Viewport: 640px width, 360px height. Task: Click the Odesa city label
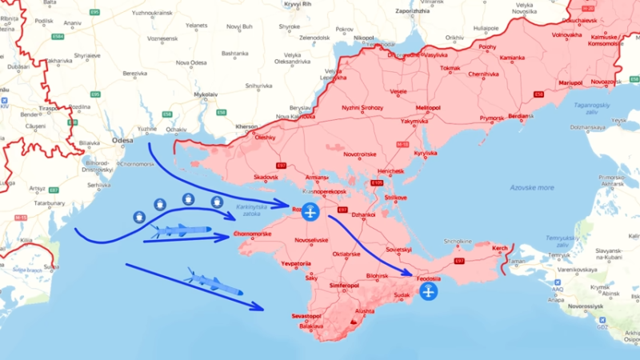click(122, 140)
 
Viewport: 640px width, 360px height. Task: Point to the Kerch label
click(499, 249)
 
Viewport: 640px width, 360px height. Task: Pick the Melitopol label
click(428, 107)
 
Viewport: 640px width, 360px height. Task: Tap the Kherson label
click(247, 126)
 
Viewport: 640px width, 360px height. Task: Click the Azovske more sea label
click(531, 187)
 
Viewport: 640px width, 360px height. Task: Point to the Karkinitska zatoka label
click(253, 210)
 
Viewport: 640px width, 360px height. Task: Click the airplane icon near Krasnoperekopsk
click(310, 212)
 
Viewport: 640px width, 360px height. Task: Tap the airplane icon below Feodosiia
click(429, 293)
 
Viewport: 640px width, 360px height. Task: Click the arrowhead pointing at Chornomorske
click(226, 237)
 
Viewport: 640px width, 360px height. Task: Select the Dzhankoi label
click(363, 214)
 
